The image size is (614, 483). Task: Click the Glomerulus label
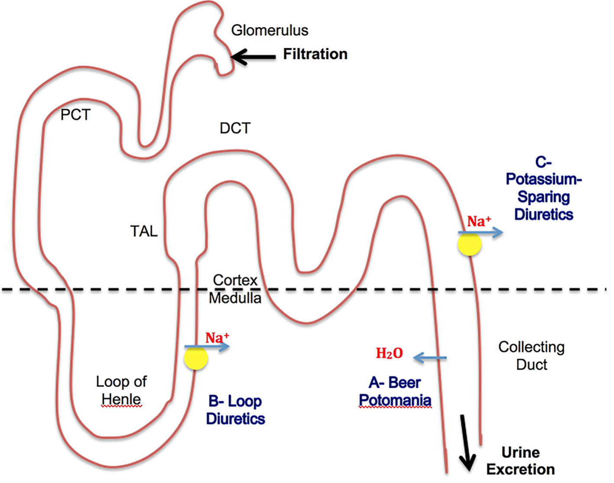click(x=270, y=30)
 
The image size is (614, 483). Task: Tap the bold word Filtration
click(x=315, y=54)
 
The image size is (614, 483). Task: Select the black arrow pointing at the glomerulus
click(x=253, y=56)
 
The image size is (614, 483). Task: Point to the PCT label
click(x=75, y=115)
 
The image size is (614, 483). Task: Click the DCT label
click(x=235, y=128)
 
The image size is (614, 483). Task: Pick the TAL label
click(x=144, y=231)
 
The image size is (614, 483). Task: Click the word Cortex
click(x=235, y=280)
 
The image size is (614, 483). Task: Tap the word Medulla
click(x=235, y=298)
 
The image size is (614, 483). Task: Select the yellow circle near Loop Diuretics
click(x=196, y=358)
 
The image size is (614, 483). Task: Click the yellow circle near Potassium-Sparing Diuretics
click(x=469, y=244)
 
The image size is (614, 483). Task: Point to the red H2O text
click(x=389, y=353)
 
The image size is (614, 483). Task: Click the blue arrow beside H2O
click(x=429, y=358)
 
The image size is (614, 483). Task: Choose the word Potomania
click(x=395, y=400)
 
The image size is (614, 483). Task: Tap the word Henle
click(x=121, y=399)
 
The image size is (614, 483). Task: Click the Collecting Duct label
click(x=531, y=356)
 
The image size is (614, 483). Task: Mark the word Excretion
click(x=520, y=469)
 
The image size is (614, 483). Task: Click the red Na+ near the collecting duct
click(x=478, y=222)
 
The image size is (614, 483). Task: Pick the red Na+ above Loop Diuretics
click(x=217, y=338)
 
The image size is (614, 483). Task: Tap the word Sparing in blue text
click(x=543, y=197)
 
